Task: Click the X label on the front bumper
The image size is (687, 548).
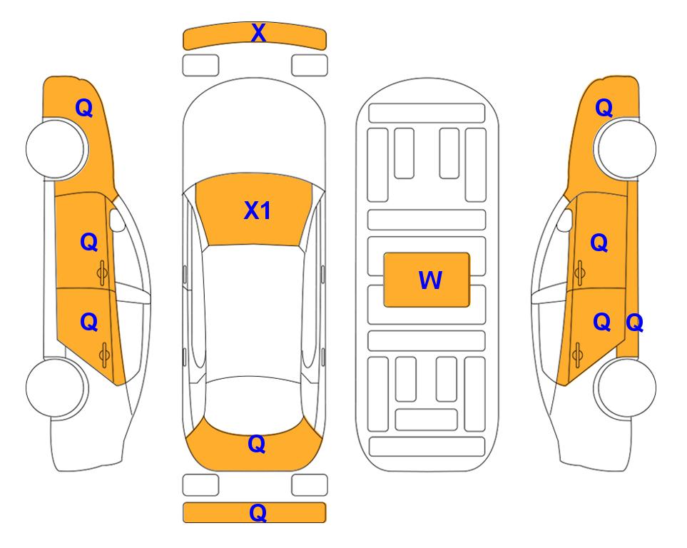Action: click(258, 33)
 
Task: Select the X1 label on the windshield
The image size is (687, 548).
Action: click(258, 210)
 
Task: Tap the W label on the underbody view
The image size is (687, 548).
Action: click(430, 280)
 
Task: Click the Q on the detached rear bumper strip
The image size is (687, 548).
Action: click(258, 512)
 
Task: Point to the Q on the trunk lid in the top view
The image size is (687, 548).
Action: click(257, 444)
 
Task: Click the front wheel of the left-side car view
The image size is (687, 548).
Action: click(56, 149)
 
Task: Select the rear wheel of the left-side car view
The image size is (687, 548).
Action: click(56, 388)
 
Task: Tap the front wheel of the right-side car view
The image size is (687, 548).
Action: click(625, 149)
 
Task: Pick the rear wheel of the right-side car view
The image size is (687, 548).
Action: click(625, 388)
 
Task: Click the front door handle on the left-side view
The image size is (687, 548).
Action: click(103, 273)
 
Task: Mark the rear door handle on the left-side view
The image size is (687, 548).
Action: click(104, 355)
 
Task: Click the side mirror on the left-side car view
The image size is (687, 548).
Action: click(116, 220)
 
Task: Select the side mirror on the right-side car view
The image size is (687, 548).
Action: click(565, 220)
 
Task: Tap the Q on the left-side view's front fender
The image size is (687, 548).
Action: click(84, 108)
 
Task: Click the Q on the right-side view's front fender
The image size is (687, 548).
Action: click(604, 108)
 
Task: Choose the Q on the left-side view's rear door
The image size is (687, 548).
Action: click(89, 323)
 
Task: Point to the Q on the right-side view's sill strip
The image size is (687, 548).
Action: click(634, 323)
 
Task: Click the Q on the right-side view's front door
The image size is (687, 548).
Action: click(599, 243)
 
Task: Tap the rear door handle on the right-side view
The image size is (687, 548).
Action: click(578, 355)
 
